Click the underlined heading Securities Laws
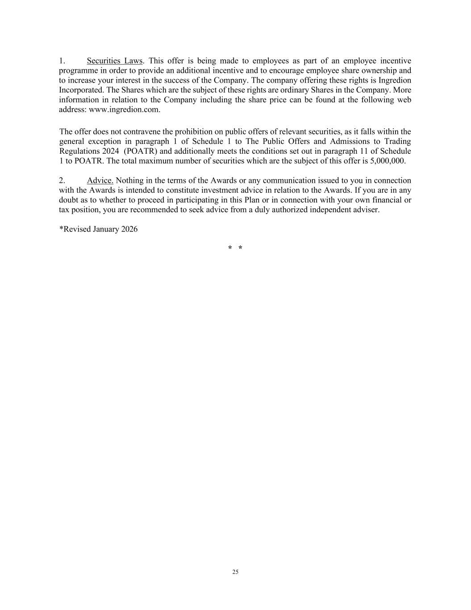coord(115,61)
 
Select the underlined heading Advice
coord(100,181)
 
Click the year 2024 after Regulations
coord(110,151)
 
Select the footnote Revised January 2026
coord(99,229)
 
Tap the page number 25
coord(235,572)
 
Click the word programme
coord(79,71)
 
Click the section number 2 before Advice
coord(62,181)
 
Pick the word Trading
coord(397,141)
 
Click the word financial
coord(386,200)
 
